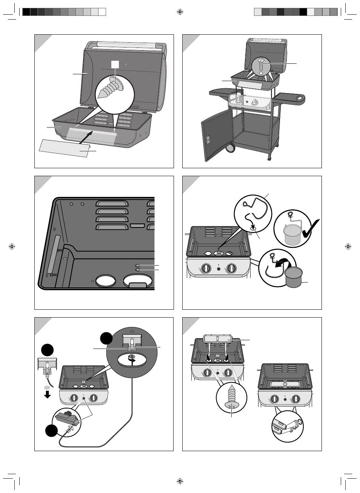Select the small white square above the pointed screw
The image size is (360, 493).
(115, 65)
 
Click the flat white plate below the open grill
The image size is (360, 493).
(64, 148)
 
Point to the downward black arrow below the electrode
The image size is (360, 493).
(47, 395)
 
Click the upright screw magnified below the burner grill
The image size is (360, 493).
(232, 398)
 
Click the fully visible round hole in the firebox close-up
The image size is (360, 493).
(106, 281)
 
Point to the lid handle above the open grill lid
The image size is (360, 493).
(125, 44)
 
